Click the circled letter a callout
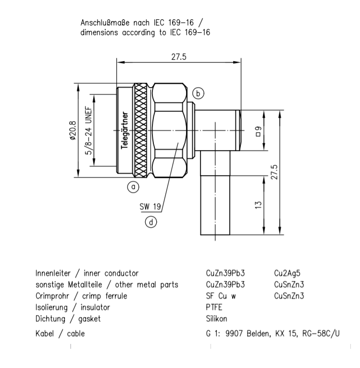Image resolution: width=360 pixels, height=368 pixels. coord(133,187)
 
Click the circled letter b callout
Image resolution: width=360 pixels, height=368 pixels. coord(198,93)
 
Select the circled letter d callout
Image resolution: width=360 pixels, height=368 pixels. coord(151,222)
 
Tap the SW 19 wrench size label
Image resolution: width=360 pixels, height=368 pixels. coord(150,206)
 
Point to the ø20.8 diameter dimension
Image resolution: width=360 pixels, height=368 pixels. coord(73,130)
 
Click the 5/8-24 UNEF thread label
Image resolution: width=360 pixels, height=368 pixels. coord(89,131)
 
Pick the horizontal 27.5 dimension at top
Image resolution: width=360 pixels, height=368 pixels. coord(179,57)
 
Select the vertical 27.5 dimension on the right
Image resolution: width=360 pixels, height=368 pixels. coord(274,172)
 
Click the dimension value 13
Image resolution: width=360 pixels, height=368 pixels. coord(258,205)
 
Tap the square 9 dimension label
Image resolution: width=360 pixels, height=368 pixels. coord(258,131)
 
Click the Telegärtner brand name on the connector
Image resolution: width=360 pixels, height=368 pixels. coord(124,130)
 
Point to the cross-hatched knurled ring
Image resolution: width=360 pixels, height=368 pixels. coord(141,130)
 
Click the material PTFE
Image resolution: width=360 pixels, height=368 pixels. coord(214,307)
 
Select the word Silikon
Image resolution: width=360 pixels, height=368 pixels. coord(216,319)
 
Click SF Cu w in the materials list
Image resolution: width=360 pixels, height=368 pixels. coord(221,296)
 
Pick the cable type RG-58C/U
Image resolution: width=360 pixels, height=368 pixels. coord(321,333)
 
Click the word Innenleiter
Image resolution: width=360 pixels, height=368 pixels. coord(53,273)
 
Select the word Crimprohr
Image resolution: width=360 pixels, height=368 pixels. coord(52,296)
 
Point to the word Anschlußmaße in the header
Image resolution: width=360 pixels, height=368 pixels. coord(105,23)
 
